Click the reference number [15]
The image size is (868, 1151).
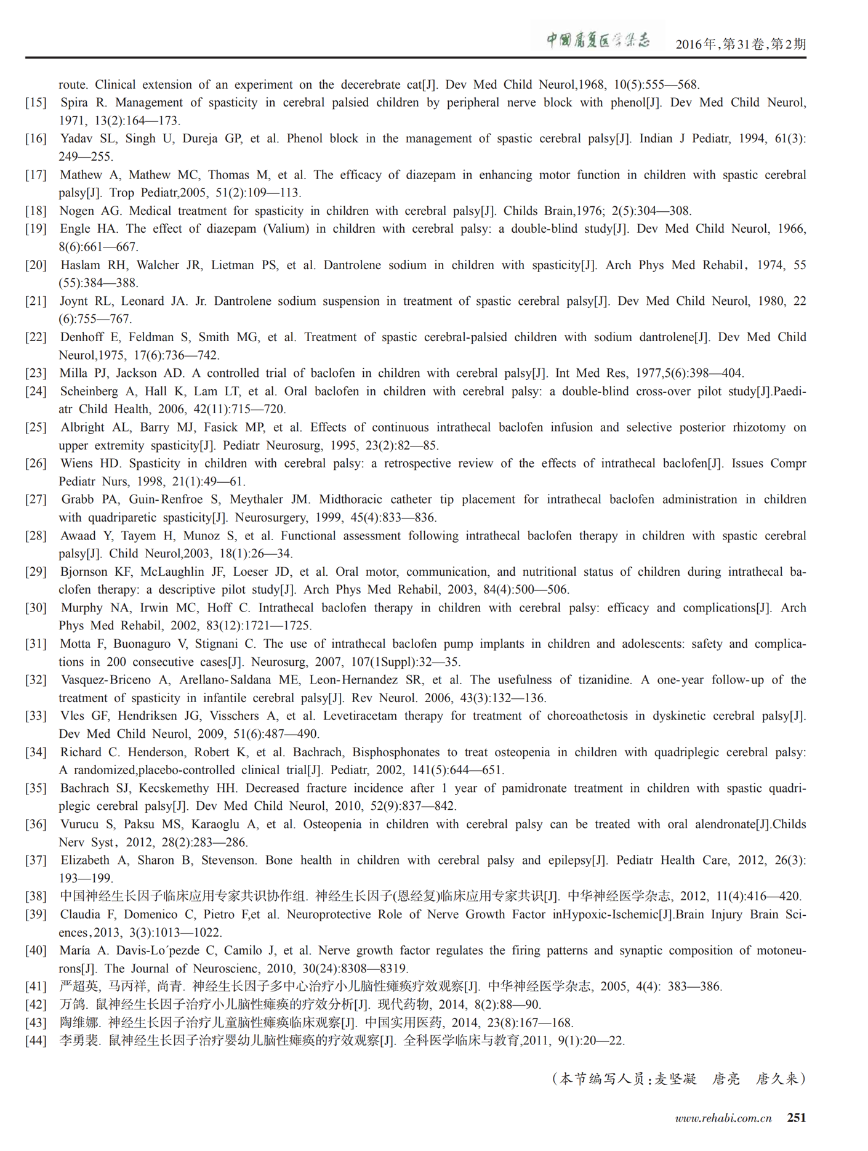(x=36, y=103)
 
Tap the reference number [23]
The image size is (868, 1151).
(x=36, y=373)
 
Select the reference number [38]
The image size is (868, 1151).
(x=36, y=897)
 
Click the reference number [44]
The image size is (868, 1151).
(x=36, y=1041)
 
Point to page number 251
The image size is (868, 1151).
(x=797, y=1118)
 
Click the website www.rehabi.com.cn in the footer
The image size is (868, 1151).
(x=723, y=1118)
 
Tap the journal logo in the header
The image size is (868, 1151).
(x=598, y=41)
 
